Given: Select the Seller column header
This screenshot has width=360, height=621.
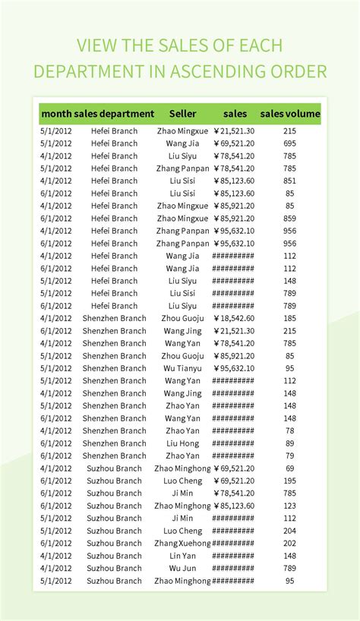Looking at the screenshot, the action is point(182,114).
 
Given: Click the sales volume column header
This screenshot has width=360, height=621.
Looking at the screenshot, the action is point(290,114).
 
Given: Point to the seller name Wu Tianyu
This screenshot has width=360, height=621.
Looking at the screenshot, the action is point(182,368).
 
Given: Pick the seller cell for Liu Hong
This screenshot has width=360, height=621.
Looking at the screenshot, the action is point(182,443).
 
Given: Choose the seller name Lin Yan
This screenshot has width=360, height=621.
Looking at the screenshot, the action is point(182,556).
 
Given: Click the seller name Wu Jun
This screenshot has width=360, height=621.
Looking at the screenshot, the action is point(182,568).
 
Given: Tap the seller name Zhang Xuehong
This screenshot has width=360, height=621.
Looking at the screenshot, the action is point(182,543).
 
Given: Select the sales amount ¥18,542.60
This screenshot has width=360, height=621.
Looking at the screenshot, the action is point(234,318).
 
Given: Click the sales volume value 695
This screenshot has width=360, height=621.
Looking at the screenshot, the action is point(290,143).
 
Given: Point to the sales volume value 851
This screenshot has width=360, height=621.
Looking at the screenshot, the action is point(290,181).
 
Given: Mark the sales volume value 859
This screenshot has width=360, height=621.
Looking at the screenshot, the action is point(290,219).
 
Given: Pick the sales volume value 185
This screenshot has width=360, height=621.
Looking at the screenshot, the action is point(290,318).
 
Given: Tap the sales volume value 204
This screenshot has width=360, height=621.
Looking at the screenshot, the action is point(290,531).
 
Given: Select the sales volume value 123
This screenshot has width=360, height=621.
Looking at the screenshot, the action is point(290,506).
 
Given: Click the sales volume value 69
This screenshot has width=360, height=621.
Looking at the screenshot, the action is point(290,468).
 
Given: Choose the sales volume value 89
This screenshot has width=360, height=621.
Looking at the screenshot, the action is point(290,443).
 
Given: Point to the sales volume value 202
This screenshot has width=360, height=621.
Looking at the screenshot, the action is point(290,543).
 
